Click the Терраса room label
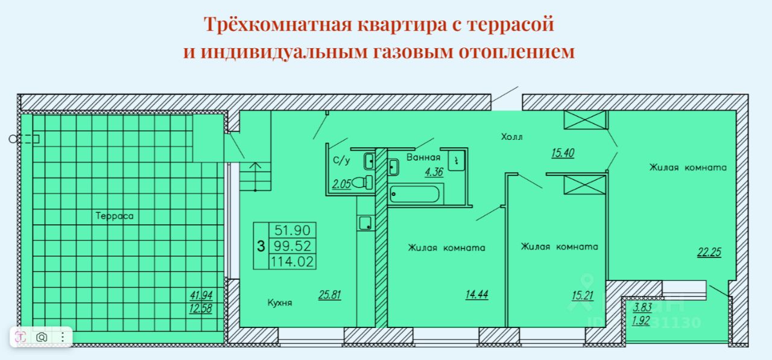(114, 215)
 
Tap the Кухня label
(280, 303)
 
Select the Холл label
(511, 137)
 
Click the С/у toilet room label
(341, 160)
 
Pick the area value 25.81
(330, 295)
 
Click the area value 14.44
(476, 295)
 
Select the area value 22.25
(709, 253)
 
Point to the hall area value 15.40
(562, 153)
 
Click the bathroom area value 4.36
(434, 172)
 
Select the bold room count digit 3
(260, 245)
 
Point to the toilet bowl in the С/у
(362, 182)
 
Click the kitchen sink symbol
(365, 224)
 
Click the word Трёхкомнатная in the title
(277, 25)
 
